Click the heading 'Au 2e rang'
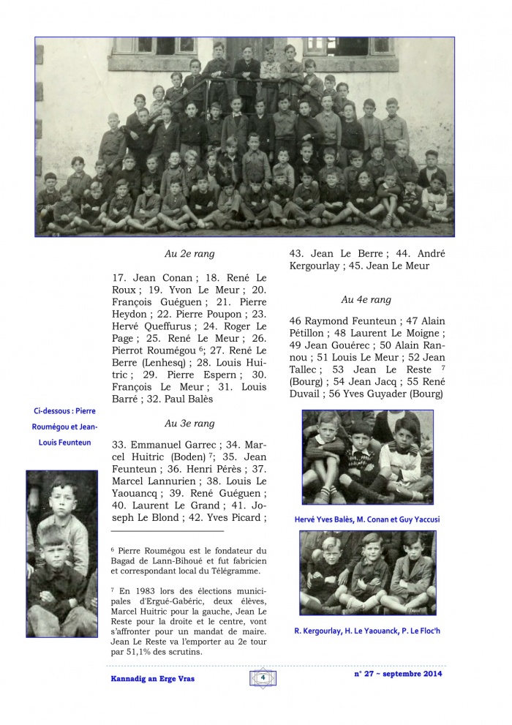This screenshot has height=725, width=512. coord(189,255)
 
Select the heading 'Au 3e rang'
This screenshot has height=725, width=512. coord(189,423)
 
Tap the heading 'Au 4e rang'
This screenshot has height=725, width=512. coord(366,299)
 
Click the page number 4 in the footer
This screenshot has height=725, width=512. coord(262,678)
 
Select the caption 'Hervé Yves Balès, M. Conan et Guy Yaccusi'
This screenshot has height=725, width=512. coord(366,519)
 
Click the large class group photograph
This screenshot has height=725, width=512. coord(244,137)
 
